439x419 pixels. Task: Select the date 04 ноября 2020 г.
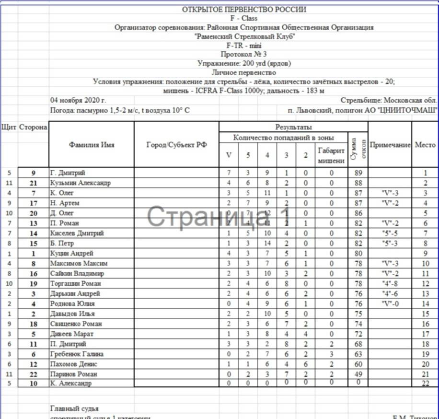(78, 101)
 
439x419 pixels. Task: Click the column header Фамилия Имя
(92, 144)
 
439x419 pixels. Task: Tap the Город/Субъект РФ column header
(176, 145)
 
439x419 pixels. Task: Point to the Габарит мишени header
(331, 155)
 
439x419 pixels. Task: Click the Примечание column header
(390, 144)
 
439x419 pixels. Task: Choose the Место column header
(425, 144)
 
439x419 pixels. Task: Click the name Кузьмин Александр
(80, 183)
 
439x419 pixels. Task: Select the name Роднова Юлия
(72, 303)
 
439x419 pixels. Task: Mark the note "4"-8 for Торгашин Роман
(390, 283)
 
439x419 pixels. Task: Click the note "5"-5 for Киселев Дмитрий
(390, 233)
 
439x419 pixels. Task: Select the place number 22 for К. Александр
(425, 384)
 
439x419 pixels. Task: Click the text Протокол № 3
(244, 54)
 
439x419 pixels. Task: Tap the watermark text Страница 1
(219, 217)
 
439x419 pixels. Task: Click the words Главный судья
(74, 408)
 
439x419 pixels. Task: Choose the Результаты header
(293, 127)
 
